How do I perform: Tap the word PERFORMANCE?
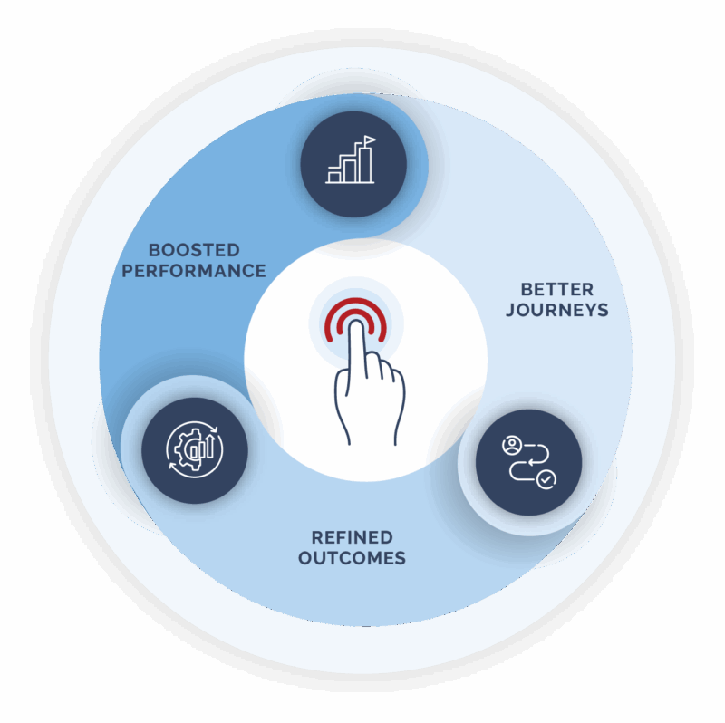pyautogui.click(x=194, y=270)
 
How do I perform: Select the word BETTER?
pyautogui.click(x=556, y=290)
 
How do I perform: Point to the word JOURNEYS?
pyautogui.click(x=556, y=311)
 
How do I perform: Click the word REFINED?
pyautogui.click(x=352, y=537)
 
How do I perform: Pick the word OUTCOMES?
pyautogui.click(x=352, y=558)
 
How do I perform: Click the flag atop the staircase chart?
pyautogui.click(x=368, y=142)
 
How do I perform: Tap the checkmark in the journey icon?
pyautogui.click(x=546, y=480)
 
